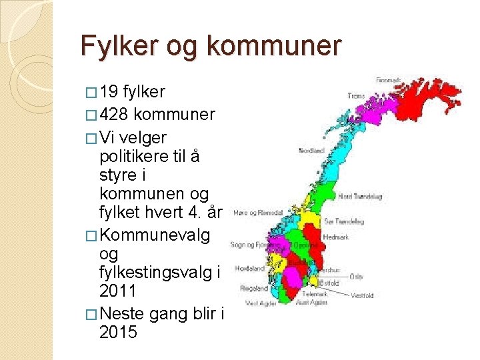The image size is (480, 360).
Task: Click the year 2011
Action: pos(118,291)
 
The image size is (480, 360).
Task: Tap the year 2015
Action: pos(118,331)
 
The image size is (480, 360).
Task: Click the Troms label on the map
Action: pos(356,96)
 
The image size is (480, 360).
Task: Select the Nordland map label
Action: pos(311,150)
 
